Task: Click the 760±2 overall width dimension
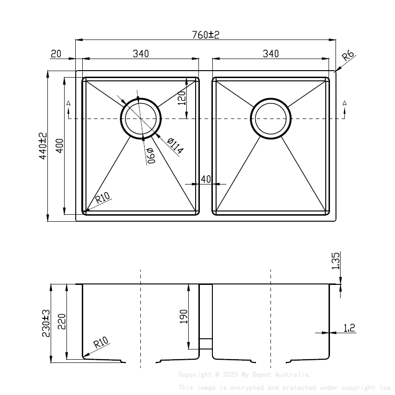coord(205,34)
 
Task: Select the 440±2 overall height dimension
coord(42,146)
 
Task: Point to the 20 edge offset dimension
coord(56,54)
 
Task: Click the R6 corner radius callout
coord(348,57)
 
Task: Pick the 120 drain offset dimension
coord(182,98)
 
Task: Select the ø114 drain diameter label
coord(175,146)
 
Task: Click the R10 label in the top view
coord(103,199)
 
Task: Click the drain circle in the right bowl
coord(271,118)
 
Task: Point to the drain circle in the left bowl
coord(141,118)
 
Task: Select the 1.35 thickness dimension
coord(336,261)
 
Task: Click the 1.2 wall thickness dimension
coord(349,328)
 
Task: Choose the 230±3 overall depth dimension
coord(46,323)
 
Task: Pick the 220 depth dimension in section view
coord(62,322)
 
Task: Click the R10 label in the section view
coord(101,343)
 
